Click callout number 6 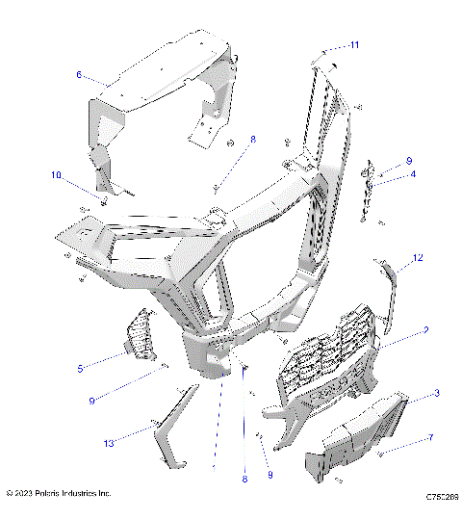pos(80,73)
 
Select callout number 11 pos(328,45)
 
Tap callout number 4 pos(412,173)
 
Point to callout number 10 pos(57,175)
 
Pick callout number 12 pos(419,257)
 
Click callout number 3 pos(410,393)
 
